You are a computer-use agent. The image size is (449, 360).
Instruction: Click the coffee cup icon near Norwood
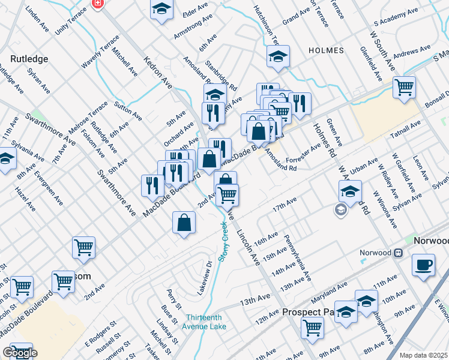tap(424, 265)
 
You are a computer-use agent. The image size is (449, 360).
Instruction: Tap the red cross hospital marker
tap(97, 4)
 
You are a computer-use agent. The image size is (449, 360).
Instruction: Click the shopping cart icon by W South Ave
tap(405, 86)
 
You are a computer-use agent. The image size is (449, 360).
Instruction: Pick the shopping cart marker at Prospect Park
tap(312, 328)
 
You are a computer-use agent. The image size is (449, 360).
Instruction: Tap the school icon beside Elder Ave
tap(161, 10)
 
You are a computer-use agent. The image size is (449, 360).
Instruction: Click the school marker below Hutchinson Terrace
tap(278, 56)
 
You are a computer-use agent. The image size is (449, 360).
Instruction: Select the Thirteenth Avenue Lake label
tap(206, 322)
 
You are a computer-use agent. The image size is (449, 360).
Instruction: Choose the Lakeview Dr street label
tap(205, 277)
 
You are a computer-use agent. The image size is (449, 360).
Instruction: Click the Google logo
tap(20, 353)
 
